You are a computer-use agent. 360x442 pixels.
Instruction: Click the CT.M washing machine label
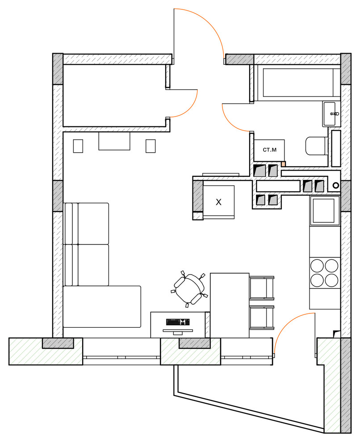coord(269,150)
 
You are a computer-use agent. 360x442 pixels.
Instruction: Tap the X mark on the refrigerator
coord(218,202)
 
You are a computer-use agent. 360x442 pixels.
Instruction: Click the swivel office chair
coord(189,289)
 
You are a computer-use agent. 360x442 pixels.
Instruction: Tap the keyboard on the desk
coord(178,322)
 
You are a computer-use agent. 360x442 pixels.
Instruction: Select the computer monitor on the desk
coord(178,331)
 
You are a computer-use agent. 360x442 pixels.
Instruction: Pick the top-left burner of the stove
coord(317,266)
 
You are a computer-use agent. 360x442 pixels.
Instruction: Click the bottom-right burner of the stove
coord(331,280)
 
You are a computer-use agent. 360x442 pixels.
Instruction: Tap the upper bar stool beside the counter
coord(262,288)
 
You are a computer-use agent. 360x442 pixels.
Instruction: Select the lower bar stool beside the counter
coord(262,317)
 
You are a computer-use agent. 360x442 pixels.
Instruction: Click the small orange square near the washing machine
coord(284,164)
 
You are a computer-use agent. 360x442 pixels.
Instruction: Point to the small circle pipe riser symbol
coord(336,185)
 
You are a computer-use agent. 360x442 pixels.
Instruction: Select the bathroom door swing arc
coord(231,123)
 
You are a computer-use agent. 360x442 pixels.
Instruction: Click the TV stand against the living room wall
coord(114,141)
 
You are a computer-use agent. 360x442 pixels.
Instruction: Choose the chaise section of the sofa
coord(102,307)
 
